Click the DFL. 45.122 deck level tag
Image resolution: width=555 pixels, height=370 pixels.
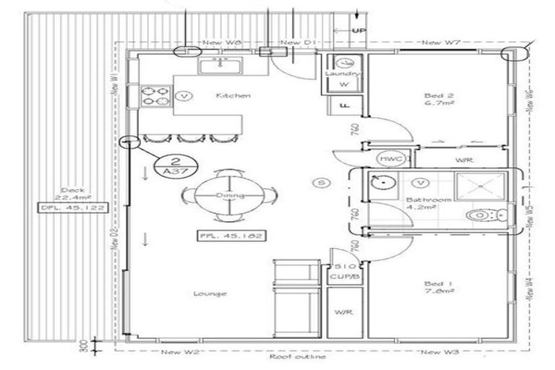point(73,208)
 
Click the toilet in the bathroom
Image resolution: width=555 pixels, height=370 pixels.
point(482,215)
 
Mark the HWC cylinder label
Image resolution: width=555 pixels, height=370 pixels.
point(389,158)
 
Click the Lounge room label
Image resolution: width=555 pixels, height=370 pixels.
point(211,293)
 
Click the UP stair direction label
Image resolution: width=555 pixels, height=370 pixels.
point(358,30)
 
